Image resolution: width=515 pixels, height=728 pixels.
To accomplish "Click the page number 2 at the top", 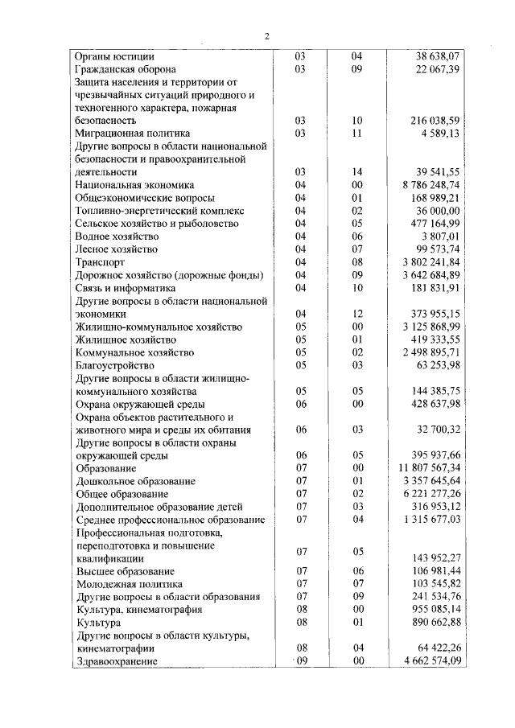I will coord(267,36).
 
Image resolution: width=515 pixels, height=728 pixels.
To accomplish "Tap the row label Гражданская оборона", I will coord(126,70).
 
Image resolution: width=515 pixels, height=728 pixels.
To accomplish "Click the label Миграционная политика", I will coord(132,134).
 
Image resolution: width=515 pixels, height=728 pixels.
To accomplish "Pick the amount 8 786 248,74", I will coord(430,184).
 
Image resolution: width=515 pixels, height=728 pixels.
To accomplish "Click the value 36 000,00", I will coord(437,210).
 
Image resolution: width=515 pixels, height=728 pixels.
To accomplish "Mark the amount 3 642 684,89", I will coord(430,274).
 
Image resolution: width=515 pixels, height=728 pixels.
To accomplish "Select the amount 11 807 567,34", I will coord(428,467).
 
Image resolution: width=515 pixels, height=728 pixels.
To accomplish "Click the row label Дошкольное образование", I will coord(132,480).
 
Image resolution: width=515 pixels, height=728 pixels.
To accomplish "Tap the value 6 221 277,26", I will coord(430,493).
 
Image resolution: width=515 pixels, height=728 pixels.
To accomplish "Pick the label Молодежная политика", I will coord(129,583).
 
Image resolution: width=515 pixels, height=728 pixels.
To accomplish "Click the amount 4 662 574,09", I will coord(430,660).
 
